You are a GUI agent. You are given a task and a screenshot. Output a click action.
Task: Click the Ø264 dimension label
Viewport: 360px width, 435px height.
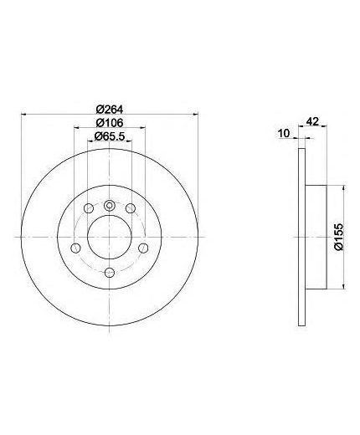pos(110,109)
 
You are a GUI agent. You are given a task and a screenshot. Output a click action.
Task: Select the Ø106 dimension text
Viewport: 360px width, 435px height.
pos(110,122)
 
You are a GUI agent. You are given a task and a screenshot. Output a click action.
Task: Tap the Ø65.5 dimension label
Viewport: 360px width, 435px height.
pos(110,136)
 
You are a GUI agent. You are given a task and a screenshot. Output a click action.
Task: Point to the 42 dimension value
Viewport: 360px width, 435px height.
pos(312,121)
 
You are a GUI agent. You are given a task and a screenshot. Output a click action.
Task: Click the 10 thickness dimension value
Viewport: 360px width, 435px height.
pos(284,133)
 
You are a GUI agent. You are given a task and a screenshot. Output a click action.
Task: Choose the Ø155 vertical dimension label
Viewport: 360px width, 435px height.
pos(338,237)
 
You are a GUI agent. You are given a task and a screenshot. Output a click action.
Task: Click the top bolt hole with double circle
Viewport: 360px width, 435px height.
pos(110,206)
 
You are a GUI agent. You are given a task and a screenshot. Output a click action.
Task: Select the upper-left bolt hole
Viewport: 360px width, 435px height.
pos(89,207)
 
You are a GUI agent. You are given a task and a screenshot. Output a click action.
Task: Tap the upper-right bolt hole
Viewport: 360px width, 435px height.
pos(131,207)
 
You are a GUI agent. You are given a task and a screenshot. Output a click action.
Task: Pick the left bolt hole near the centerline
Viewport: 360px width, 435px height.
pos(75,248)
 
